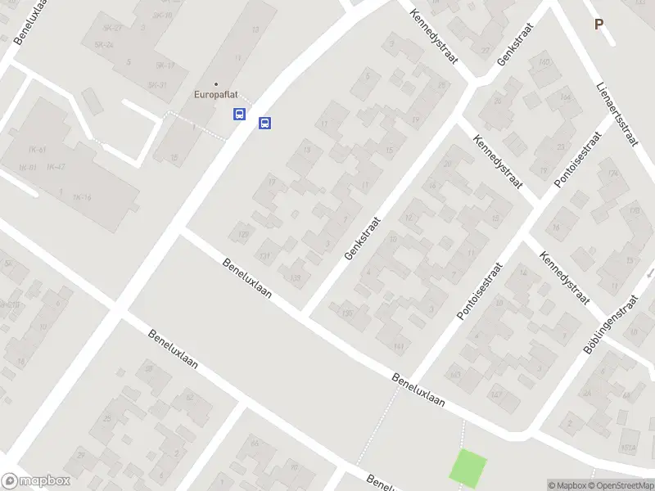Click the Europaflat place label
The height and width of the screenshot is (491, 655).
click(216, 94)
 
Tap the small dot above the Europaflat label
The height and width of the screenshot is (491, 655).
click(216, 83)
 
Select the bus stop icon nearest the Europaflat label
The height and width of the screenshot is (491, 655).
click(239, 114)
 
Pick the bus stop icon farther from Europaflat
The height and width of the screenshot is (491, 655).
click(264, 123)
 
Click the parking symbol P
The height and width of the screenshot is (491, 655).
click(599, 25)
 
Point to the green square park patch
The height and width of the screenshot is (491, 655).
click(468, 468)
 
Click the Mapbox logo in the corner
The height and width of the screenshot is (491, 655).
click(35, 481)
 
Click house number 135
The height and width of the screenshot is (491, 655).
click(347, 312)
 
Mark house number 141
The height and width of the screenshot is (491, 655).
click(399, 347)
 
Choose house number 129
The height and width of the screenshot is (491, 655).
click(242, 235)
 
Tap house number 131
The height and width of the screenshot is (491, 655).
click(264, 255)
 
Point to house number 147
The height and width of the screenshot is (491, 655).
click(495, 395)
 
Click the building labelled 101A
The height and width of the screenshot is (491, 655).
click(628, 448)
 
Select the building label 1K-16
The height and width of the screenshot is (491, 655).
click(80, 198)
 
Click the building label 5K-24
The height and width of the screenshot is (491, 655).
click(103, 45)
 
